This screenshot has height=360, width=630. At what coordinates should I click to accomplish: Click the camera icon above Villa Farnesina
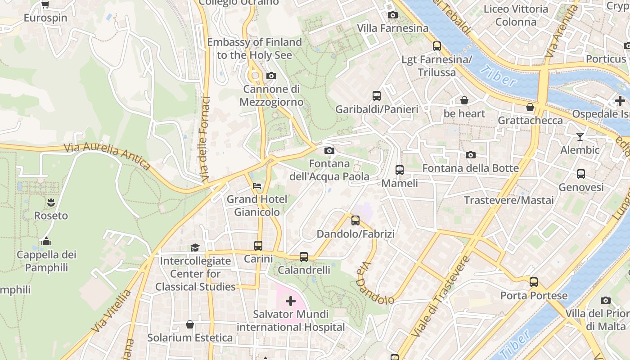coord(392,15)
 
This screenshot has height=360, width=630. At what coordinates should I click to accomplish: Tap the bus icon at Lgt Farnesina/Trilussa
coord(436,46)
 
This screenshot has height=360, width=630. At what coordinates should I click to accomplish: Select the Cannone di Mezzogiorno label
coord(271,95)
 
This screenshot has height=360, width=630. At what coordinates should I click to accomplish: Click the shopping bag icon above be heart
coord(464,100)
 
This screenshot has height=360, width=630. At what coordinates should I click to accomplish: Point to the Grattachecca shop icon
coord(530,107)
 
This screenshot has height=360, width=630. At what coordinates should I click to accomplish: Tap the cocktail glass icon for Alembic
coord(580,136)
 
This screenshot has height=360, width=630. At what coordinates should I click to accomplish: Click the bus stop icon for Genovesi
coord(580,174)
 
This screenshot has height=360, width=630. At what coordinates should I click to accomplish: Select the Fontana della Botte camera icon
coord(470,155)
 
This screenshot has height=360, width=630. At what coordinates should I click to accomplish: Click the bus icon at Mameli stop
coord(399,170)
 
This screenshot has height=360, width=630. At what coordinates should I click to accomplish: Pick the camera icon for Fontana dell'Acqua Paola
coord(329,150)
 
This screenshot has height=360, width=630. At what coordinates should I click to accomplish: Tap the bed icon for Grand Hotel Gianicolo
coord(256,185)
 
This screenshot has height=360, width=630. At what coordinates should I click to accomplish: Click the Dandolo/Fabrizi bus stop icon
coord(355,220)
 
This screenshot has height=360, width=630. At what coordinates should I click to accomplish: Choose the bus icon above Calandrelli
coord(304,257)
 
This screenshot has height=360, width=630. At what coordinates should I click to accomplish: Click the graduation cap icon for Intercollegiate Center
coord(195,247)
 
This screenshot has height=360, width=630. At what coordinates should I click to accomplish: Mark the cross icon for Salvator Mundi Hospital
coord(291,301)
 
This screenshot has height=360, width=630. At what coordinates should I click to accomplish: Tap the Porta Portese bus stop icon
coord(533,282)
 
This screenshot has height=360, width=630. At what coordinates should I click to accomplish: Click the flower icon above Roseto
coord(51,202)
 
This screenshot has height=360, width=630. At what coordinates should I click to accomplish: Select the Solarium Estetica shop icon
coord(190,324)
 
